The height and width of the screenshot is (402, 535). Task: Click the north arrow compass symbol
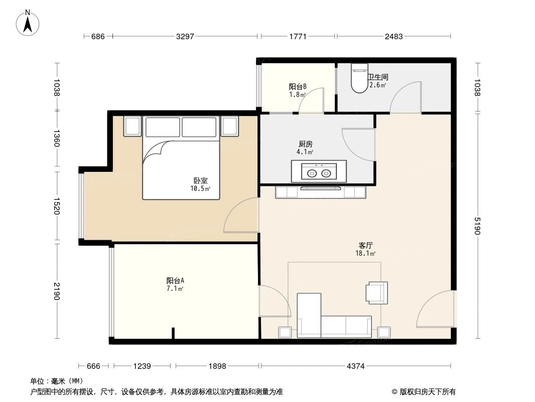(x=29, y=23)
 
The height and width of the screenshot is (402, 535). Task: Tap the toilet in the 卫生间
(x=359, y=78)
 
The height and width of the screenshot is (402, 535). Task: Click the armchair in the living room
(x=377, y=292)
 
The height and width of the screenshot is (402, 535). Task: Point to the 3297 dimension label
(x=184, y=36)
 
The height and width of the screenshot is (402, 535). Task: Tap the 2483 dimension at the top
(x=393, y=36)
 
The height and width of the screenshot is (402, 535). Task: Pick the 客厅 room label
(x=365, y=246)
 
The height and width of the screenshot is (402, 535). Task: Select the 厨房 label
(x=305, y=144)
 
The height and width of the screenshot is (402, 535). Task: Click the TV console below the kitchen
(x=321, y=191)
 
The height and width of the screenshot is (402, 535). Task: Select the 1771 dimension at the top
(x=298, y=36)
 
